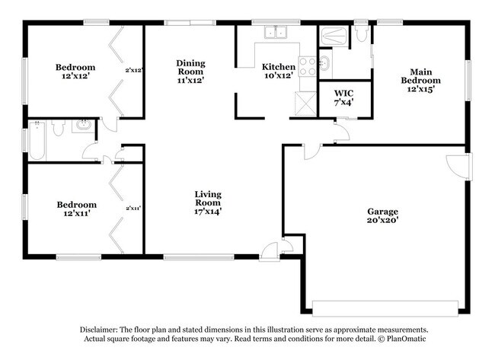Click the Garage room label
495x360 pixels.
click(382, 211)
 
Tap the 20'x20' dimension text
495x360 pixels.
click(382, 220)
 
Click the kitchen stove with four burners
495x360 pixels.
click(307, 66)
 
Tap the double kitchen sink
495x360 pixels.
click(275, 32)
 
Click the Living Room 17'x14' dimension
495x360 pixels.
click(206, 212)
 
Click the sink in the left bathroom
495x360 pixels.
click(82, 126)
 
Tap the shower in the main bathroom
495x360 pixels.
click(334, 35)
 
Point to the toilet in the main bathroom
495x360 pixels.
click(362, 33)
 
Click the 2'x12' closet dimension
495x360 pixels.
click(134, 71)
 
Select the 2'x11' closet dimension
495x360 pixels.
click(133, 208)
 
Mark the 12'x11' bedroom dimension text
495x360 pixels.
click(77, 214)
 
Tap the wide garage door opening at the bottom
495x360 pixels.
click(385, 307)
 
